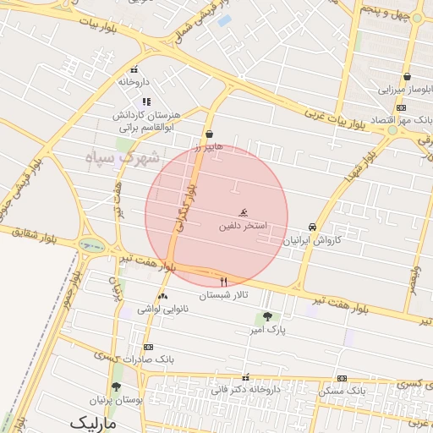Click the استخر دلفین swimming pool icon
tap(244, 211)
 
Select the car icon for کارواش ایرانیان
tap(313, 227)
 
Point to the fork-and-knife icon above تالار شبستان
tap(223, 282)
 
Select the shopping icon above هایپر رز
tap(209, 134)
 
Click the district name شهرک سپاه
tap(128, 157)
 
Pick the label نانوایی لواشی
tap(162, 310)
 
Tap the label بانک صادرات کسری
tap(148, 359)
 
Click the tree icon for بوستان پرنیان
tap(116, 386)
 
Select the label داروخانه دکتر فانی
tap(246, 390)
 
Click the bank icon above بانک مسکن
tap(342, 378)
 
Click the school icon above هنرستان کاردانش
tap(146, 101)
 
